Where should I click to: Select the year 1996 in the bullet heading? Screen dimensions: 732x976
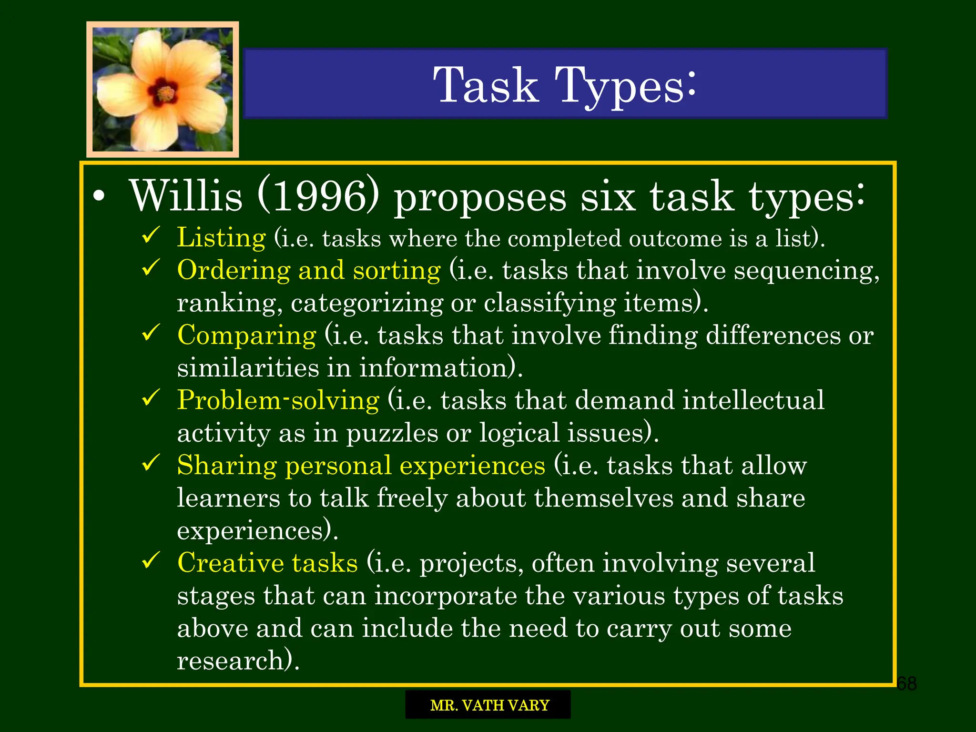coord(318,196)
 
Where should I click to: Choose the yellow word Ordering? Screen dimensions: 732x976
coord(234,270)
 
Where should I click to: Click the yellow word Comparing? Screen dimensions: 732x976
coord(246,335)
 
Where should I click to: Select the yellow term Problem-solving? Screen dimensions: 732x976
coord(278,400)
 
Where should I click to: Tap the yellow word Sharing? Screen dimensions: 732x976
coord(227,465)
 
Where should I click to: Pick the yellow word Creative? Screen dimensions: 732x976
coord(230,563)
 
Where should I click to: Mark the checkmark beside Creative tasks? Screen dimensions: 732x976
coord(151,561)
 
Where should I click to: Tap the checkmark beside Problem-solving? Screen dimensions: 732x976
coord(151,398)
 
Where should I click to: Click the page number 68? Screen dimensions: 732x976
coord(906,684)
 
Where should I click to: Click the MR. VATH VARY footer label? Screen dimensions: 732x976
coord(489,705)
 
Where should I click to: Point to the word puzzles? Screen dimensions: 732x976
coord(392,434)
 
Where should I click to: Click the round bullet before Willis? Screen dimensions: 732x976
coord(99,198)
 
